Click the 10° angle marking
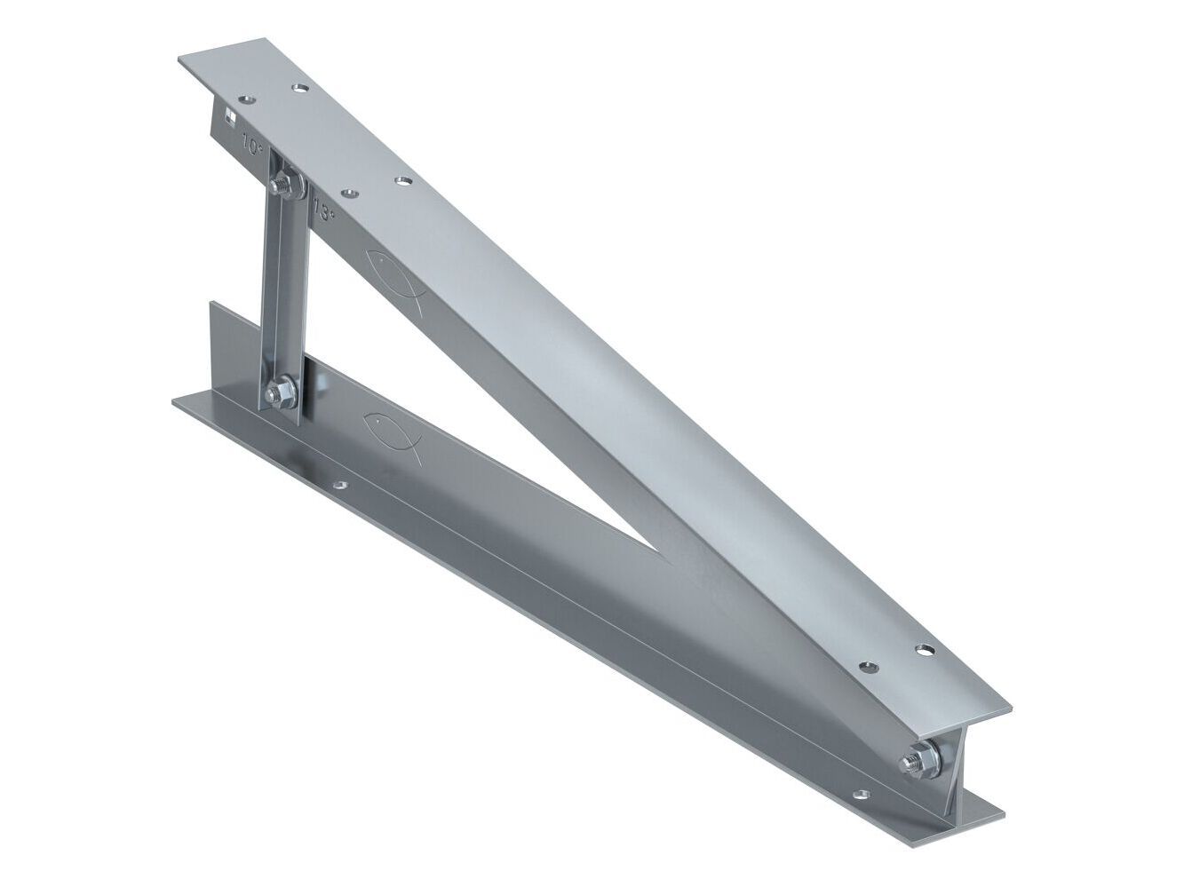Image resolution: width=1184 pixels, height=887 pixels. click(253, 142)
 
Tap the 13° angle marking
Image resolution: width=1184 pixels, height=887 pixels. click(324, 211)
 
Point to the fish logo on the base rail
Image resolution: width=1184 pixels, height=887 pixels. click(392, 430)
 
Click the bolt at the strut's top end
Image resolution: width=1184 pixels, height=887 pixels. click(284, 186)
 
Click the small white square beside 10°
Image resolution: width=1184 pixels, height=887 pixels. click(228, 114)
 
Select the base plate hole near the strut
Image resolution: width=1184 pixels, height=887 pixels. click(338, 487)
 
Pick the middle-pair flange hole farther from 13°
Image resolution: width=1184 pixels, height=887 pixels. click(404, 181)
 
